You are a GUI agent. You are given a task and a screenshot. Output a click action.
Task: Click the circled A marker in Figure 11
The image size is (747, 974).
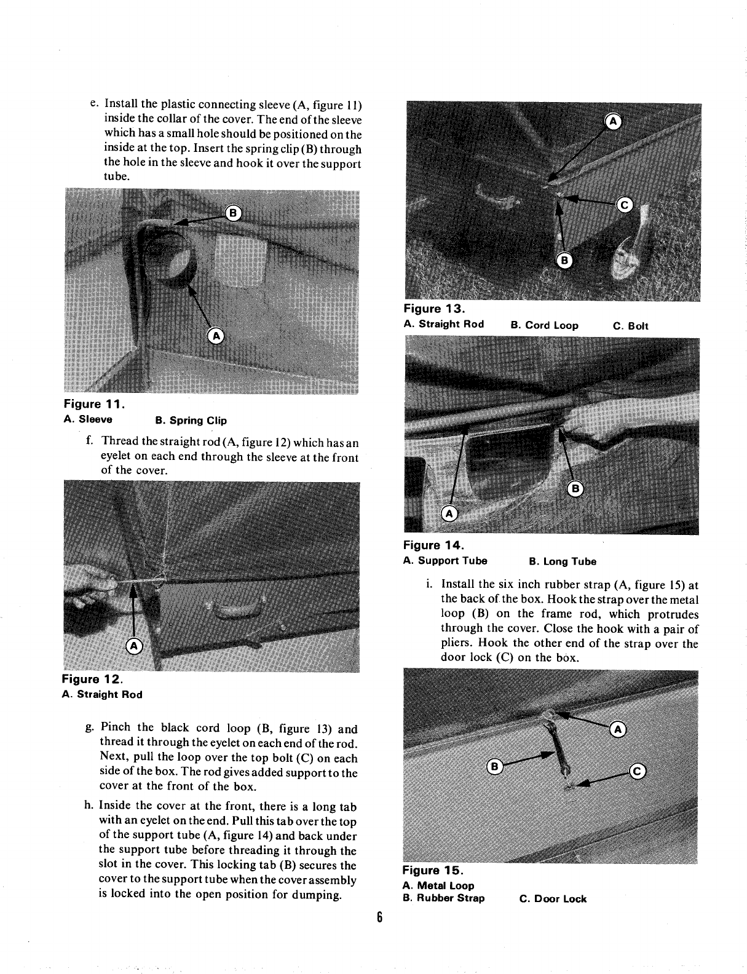point(215,335)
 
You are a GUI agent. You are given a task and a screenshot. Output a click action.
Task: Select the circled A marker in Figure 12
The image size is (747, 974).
point(133,645)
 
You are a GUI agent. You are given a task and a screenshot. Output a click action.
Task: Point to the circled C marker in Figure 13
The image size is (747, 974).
point(624,206)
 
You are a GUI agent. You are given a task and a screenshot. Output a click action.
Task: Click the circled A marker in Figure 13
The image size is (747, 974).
point(613,121)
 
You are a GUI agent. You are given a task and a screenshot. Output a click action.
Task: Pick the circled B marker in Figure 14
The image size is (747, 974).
point(575,489)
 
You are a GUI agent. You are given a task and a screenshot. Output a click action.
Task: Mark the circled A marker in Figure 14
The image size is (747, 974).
point(449,513)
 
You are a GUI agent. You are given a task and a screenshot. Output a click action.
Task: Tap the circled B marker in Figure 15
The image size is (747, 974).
point(494,766)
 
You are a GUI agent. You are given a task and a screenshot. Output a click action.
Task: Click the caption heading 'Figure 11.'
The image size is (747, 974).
point(95,404)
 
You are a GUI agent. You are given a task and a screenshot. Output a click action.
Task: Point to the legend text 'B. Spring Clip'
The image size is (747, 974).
point(191,421)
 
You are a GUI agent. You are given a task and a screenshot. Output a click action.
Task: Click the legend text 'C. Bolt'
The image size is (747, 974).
point(631,326)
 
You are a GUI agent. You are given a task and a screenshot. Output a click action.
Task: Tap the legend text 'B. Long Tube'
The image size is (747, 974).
point(563,561)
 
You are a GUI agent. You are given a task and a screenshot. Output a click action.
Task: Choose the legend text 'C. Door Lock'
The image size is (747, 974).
point(553,899)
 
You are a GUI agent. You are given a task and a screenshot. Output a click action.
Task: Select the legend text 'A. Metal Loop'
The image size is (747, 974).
point(438,885)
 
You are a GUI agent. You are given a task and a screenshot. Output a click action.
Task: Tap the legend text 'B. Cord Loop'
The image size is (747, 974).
point(544,325)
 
